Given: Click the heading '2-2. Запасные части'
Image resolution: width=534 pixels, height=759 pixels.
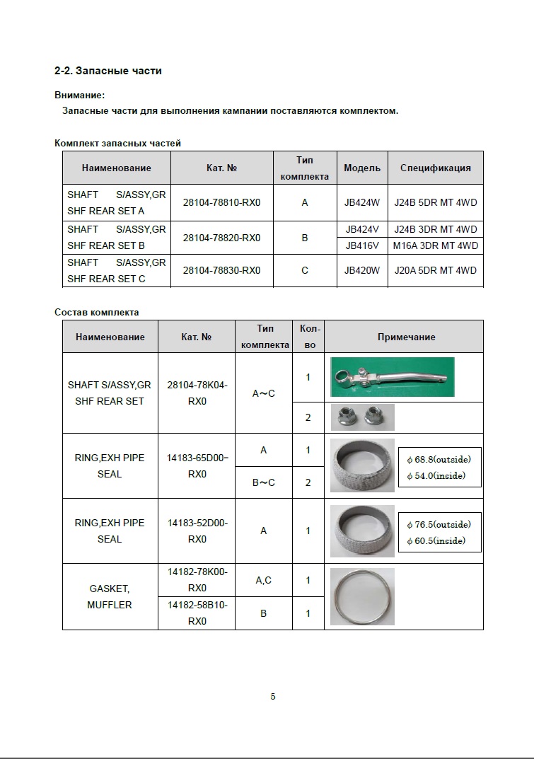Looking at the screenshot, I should coord(108,71).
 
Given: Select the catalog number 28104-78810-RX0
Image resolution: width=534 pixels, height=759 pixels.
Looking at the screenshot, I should coord(221,202).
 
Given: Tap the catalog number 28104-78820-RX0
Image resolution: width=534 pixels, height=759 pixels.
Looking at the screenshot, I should coord(221,238).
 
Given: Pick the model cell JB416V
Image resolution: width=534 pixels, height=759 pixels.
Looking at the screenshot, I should coord(361,246).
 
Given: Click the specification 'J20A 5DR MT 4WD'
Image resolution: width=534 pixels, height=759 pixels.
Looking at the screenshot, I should coord(435,270).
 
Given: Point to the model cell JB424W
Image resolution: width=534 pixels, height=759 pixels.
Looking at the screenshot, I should coord(361,202).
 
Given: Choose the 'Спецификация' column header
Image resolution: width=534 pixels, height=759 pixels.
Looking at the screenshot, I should coord(435,168).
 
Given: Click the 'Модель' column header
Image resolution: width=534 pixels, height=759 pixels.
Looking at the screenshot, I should coord(361,168).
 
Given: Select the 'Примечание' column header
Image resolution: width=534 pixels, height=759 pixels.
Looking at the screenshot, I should coord(406,337).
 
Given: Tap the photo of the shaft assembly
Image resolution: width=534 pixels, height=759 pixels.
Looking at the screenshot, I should coord(393,376).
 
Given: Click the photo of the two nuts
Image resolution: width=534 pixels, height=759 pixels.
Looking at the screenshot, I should coord(362,417).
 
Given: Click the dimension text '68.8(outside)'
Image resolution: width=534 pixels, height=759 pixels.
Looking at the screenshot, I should coord(443,460).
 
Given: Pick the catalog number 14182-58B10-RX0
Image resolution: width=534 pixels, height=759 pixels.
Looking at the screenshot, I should coord(197,613).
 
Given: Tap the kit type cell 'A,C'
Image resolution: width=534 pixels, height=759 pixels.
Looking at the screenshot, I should coord(263,580).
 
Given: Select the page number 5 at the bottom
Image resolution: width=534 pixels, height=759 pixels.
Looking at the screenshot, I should coord(273,697).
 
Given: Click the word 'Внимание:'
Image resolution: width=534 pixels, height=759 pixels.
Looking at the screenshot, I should coord(79,95).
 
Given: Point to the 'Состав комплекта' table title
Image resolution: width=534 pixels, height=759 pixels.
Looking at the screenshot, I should coord(97,312).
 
